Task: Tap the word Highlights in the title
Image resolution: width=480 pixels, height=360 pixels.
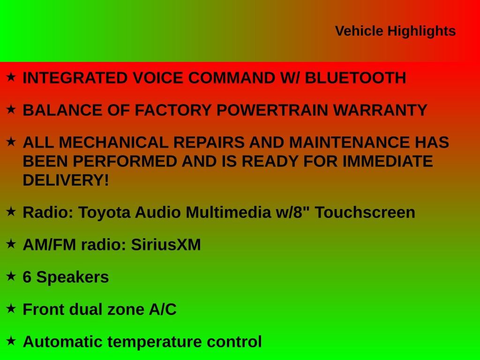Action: (x=421, y=31)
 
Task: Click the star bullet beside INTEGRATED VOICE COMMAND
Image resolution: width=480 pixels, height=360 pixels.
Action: (x=11, y=77)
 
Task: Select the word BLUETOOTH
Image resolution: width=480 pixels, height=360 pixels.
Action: (x=355, y=78)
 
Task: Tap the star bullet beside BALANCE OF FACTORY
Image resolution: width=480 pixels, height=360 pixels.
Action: (x=11, y=109)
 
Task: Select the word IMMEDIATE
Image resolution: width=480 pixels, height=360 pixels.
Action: (x=388, y=161)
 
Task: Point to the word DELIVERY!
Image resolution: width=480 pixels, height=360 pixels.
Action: (x=66, y=180)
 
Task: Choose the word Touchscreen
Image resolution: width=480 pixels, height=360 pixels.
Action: (x=365, y=212)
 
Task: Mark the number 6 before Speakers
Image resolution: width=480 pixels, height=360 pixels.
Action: (x=27, y=277)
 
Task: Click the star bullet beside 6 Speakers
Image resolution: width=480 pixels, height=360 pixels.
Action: (x=11, y=276)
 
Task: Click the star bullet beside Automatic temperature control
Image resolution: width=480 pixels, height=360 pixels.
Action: (x=11, y=341)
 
